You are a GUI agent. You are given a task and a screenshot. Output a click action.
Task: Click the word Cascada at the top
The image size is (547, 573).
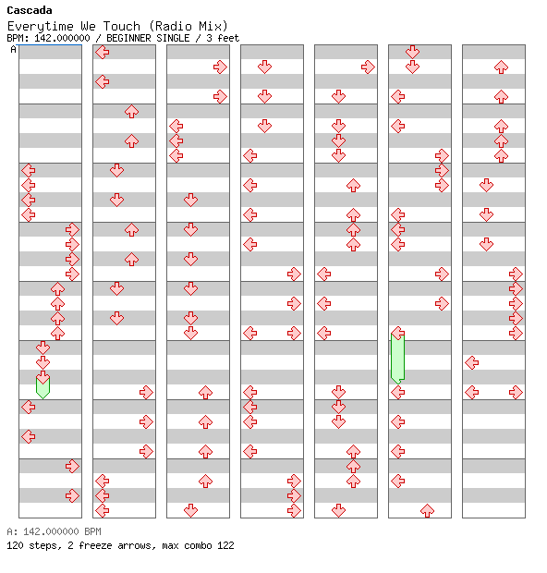[30, 10]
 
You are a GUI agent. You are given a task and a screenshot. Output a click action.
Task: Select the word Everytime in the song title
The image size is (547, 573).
[41, 26]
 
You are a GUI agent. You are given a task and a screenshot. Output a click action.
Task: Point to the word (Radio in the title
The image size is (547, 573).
[170, 26]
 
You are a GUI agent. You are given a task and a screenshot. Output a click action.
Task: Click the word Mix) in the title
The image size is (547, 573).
[213, 26]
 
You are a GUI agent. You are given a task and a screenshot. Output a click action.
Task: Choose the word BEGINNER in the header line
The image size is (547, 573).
[128, 38]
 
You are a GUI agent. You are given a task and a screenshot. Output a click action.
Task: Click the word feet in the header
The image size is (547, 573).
[228, 38]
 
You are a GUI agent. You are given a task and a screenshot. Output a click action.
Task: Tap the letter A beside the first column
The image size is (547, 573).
[14, 49]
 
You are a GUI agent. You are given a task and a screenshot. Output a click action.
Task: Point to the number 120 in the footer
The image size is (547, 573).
[15, 545]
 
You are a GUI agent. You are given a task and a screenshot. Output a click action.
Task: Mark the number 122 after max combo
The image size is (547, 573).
[225, 545]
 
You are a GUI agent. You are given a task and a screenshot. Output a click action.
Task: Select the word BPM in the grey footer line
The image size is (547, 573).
[92, 531]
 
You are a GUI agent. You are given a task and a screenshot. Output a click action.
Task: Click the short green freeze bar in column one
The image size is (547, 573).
[43, 388]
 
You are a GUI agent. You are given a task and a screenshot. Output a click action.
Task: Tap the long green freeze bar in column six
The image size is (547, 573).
[397, 359]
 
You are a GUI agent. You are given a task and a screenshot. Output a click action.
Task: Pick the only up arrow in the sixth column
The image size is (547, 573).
[427, 510]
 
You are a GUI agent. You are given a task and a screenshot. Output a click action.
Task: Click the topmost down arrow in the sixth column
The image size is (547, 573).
[412, 52]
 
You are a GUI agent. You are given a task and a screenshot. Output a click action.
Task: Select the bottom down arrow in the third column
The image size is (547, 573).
[190, 510]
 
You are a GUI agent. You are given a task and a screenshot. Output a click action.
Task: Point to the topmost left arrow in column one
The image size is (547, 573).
[28, 170]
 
